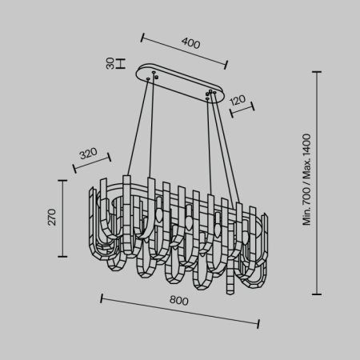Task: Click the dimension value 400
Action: pyautogui.click(x=191, y=44)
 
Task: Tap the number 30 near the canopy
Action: pyautogui.click(x=110, y=64)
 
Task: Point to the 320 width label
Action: pyautogui.click(x=88, y=152)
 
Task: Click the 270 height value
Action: pyautogui.click(x=52, y=217)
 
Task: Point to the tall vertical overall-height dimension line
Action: pyautogui.click(x=318, y=182)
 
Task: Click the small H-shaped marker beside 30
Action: pyautogui.click(x=120, y=64)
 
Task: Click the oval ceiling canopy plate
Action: pyautogui.click(x=183, y=83)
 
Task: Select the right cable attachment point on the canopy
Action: pyautogui.click(x=210, y=94)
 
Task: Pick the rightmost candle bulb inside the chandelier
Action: pyautogui.click(x=218, y=222)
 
